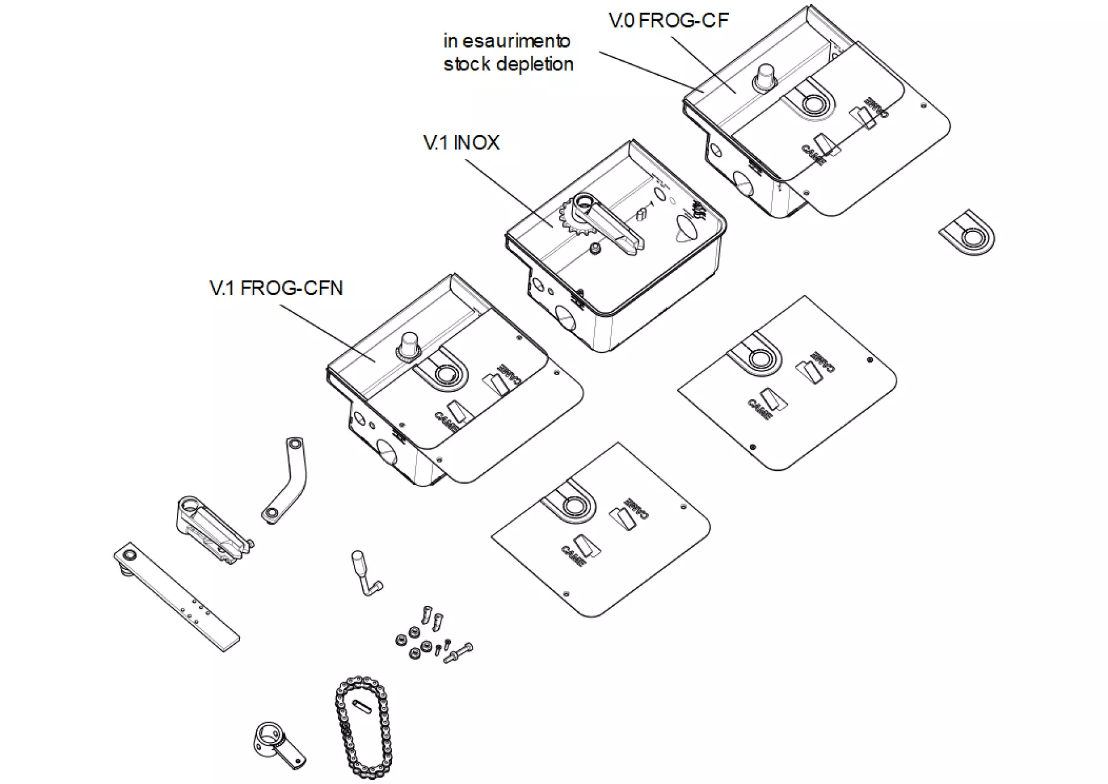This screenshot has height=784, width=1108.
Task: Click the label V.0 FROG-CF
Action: point(668,20)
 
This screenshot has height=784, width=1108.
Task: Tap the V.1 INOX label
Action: point(461,143)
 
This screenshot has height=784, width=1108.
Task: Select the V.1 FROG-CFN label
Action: point(276,288)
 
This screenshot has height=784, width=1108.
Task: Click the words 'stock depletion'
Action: point(508,64)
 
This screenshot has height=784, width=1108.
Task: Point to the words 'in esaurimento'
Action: point(506,41)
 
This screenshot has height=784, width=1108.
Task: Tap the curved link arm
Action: point(286,480)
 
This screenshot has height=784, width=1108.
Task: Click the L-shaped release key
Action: point(367,572)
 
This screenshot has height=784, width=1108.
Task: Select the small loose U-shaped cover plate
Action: point(967,233)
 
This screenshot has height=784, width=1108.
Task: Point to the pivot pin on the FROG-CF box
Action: point(766,78)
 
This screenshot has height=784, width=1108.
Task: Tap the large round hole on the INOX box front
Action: point(564,316)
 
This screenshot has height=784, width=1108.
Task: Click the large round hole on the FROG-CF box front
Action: point(742,182)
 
